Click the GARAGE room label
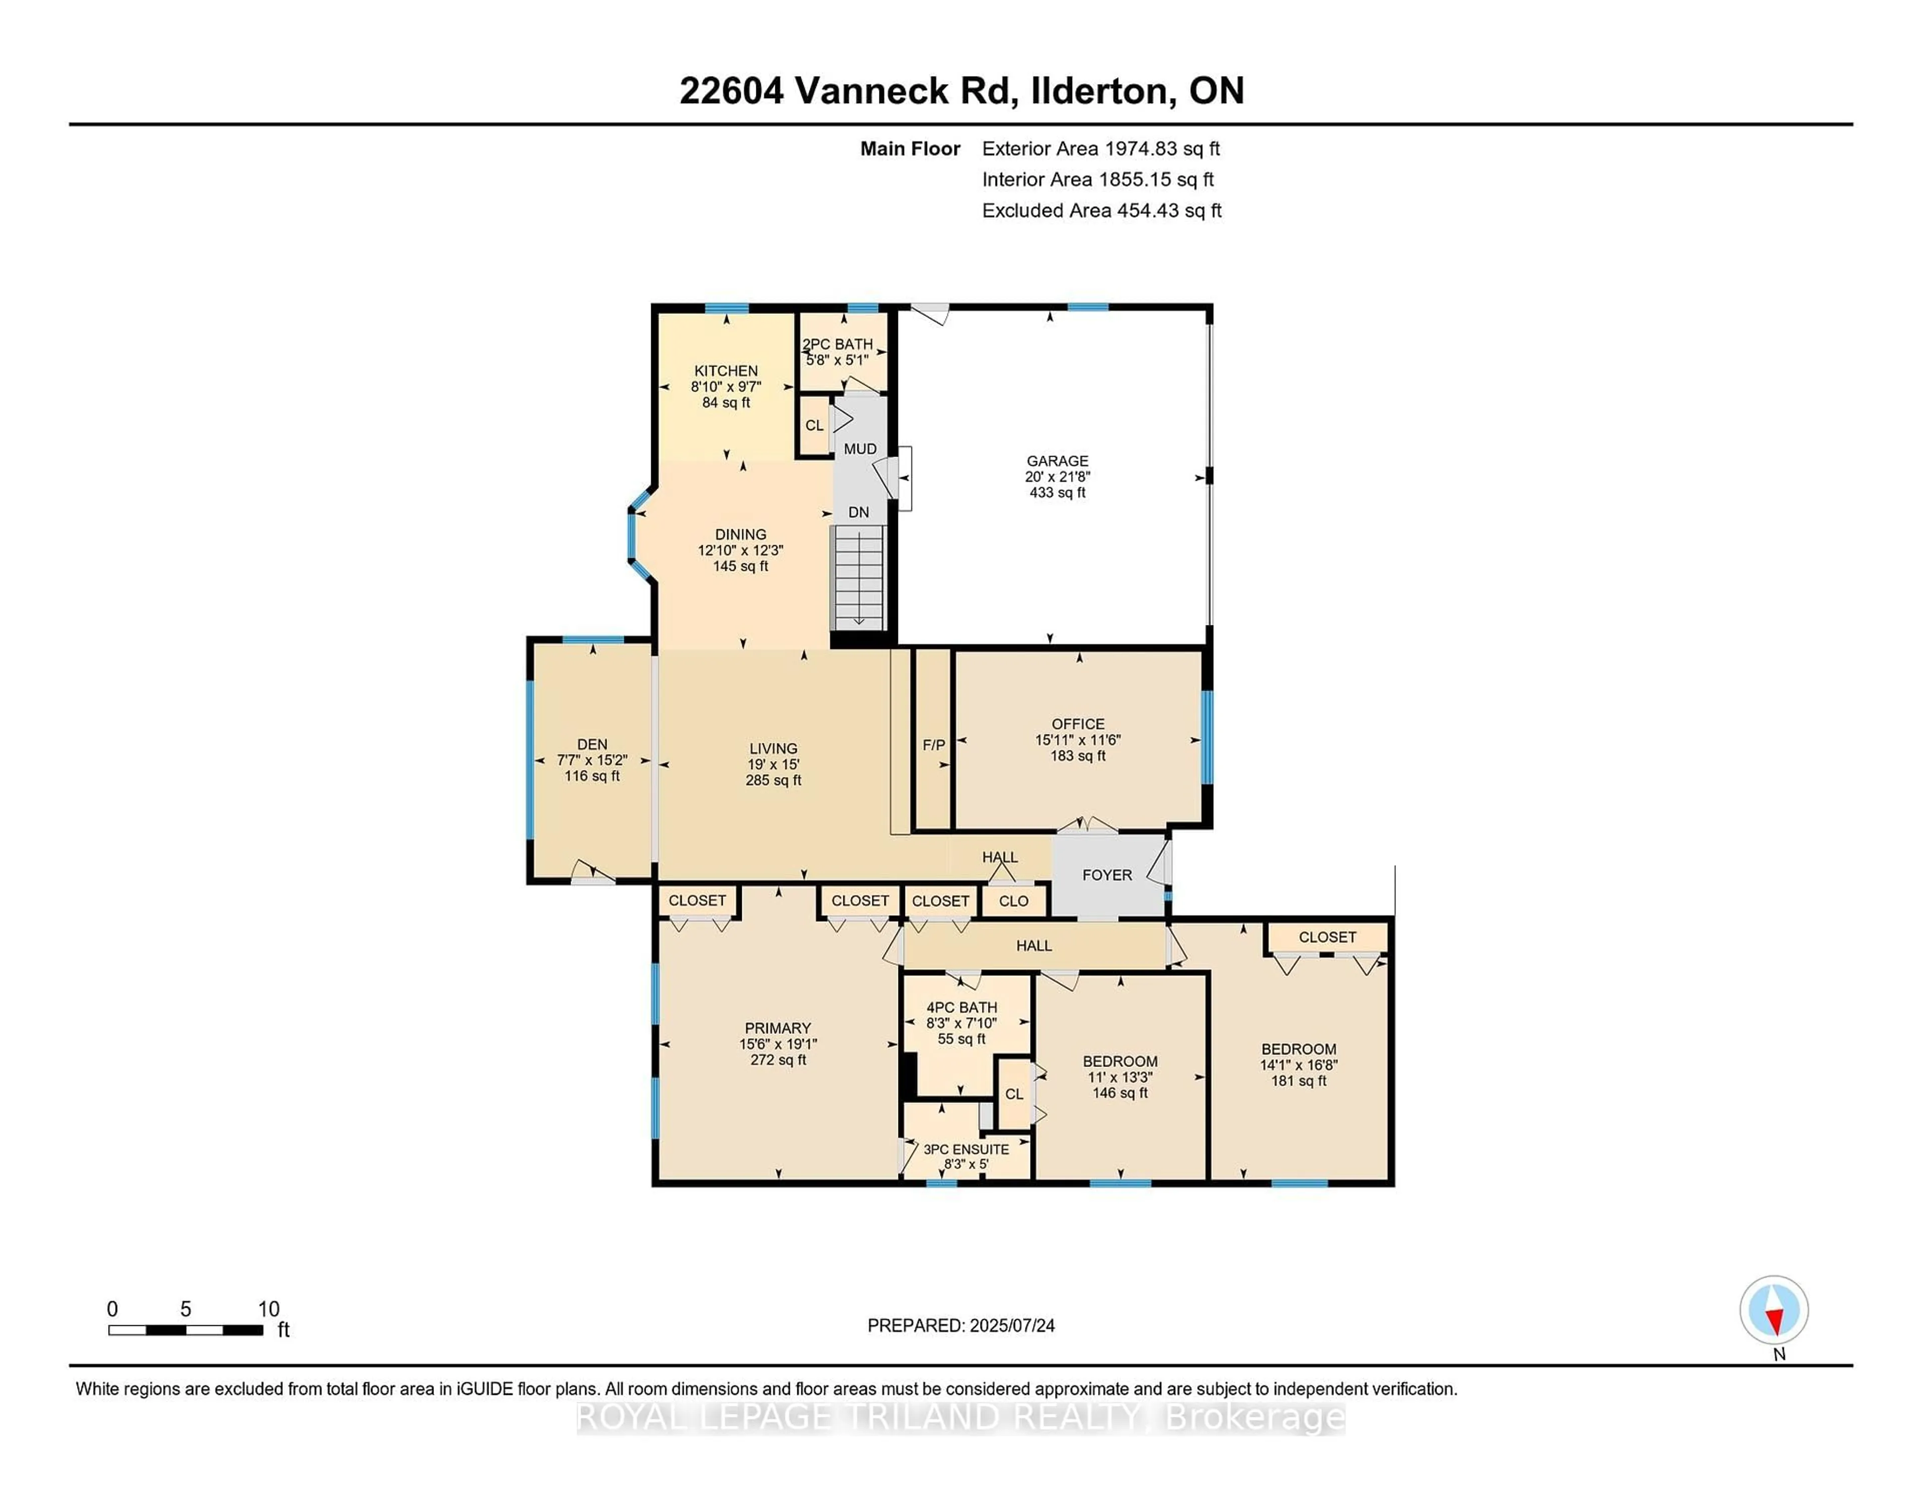tap(1057, 461)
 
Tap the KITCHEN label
tap(726, 370)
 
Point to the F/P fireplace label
tap(933, 745)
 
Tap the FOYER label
tap(1107, 875)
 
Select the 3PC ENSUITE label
tap(967, 1149)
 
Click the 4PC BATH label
tap(962, 1007)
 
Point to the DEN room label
tap(592, 744)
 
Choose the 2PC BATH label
tap(838, 344)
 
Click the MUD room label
tap(860, 449)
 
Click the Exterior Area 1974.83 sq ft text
tap(1101, 149)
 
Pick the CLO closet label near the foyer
tap(1014, 901)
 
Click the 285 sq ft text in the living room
tap(773, 780)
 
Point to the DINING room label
tap(741, 534)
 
